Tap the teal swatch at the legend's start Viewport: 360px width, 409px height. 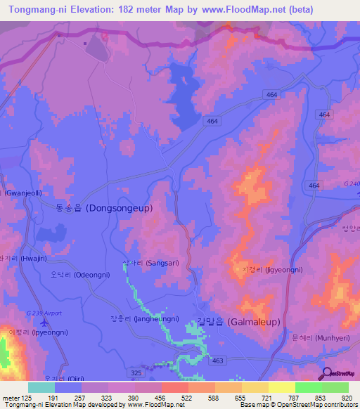click(x=41, y=387)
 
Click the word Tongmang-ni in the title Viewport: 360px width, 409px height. click(x=36, y=9)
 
